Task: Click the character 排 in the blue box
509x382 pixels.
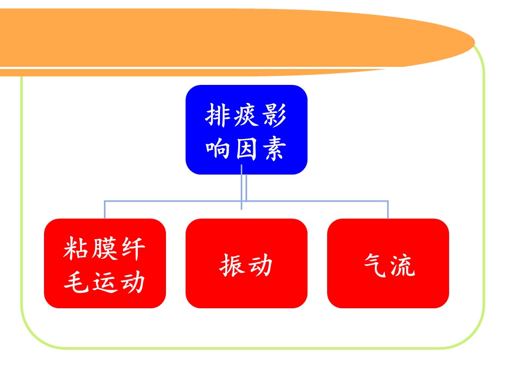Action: coord(217,115)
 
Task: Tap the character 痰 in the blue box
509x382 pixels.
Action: coord(245,115)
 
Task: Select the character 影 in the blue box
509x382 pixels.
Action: coord(274,115)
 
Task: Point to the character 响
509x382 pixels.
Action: coord(217,149)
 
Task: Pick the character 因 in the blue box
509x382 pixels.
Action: coord(245,149)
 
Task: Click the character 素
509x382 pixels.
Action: coord(274,149)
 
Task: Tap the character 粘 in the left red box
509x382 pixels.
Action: coord(76,248)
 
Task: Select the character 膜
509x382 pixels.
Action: coord(104,248)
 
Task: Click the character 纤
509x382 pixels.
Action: coord(133,248)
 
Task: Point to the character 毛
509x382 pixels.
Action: coord(76,282)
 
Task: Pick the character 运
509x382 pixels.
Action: coord(104,282)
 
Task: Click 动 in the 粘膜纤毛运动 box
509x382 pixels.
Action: coord(133,282)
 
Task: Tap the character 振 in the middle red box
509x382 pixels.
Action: coord(232,265)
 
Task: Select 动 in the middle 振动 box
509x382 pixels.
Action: coord(260,265)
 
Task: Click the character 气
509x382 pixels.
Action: coord(375,265)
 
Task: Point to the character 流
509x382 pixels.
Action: coord(403,265)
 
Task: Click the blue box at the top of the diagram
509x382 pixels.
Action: coord(247,129)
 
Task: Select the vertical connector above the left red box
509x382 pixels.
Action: coord(104,210)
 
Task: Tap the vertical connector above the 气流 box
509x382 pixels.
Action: coord(388,210)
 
